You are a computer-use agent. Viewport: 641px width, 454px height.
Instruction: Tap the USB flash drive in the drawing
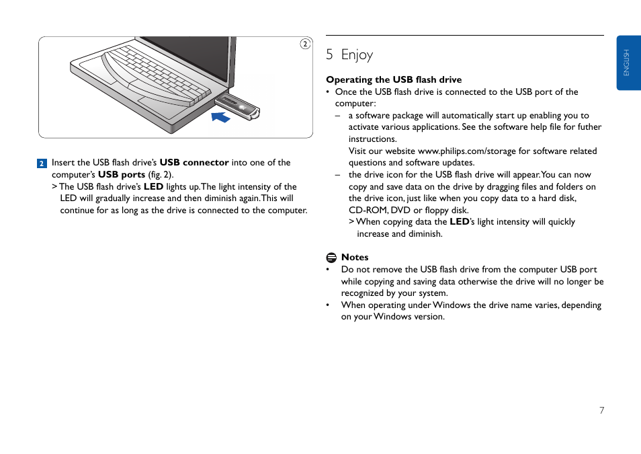tap(238, 106)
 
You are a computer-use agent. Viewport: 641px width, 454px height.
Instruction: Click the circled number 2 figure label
tap(304, 44)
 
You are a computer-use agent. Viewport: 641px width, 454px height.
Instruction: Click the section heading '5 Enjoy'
tap(349, 54)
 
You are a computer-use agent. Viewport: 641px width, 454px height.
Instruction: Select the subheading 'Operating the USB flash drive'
tap(394, 79)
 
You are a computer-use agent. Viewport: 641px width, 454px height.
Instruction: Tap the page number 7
tap(602, 410)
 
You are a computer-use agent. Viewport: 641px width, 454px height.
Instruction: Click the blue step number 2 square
tap(42, 163)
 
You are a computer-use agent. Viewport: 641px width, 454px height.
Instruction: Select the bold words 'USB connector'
tap(194, 162)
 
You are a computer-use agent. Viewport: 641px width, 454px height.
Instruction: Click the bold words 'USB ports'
tap(122, 174)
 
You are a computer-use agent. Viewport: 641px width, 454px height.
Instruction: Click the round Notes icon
tap(331, 258)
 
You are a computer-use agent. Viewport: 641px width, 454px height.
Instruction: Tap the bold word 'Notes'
tap(355, 257)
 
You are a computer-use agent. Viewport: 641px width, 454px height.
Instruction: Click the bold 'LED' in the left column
tap(153, 186)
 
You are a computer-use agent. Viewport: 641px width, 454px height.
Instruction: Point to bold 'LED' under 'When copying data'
tap(459, 221)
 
